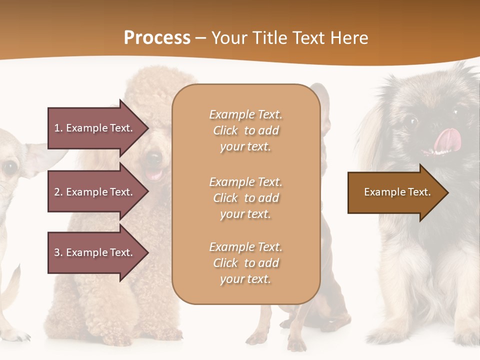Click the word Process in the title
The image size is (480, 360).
(x=157, y=38)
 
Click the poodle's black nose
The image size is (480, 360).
(x=154, y=159)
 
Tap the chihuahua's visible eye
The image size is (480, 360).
(x=10, y=168)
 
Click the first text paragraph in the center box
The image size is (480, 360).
(x=245, y=130)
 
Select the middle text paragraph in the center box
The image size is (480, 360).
(x=245, y=198)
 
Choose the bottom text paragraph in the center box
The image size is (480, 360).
(x=245, y=263)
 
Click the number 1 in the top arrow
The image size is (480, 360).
(x=57, y=128)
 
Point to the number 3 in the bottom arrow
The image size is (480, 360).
(x=57, y=252)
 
